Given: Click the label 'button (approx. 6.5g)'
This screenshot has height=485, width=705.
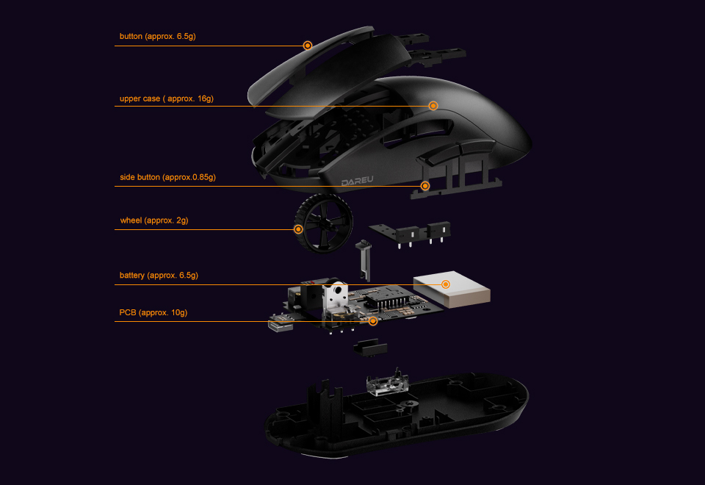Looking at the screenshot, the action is [x=157, y=37].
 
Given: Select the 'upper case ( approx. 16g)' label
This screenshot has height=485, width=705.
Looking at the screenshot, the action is [x=167, y=98].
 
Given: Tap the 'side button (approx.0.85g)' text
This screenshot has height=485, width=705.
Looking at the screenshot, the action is [x=167, y=177].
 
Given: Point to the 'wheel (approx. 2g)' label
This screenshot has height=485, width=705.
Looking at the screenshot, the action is [x=153, y=220].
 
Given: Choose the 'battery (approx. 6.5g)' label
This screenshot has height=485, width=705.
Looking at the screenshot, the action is [x=159, y=276].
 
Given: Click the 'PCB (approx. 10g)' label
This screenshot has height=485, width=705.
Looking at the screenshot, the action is [x=153, y=313].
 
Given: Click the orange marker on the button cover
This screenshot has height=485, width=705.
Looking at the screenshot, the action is [x=308, y=46].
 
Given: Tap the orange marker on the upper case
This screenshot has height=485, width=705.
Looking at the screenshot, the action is [x=433, y=106].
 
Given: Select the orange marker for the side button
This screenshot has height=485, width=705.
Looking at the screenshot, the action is [x=425, y=186].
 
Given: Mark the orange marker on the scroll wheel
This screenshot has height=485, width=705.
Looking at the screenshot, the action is [x=298, y=229].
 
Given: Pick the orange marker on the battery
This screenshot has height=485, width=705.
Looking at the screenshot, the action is [x=446, y=284].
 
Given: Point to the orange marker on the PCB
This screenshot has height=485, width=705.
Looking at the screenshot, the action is [x=373, y=321].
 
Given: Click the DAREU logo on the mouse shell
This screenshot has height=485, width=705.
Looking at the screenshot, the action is [x=358, y=181].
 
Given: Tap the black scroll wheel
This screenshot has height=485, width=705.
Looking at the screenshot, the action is [x=324, y=223].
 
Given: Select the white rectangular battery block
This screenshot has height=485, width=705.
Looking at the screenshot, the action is [x=452, y=290].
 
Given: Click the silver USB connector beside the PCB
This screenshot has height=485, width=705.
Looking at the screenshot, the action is [x=280, y=325].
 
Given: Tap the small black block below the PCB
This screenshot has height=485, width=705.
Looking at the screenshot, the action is [x=370, y=348].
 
